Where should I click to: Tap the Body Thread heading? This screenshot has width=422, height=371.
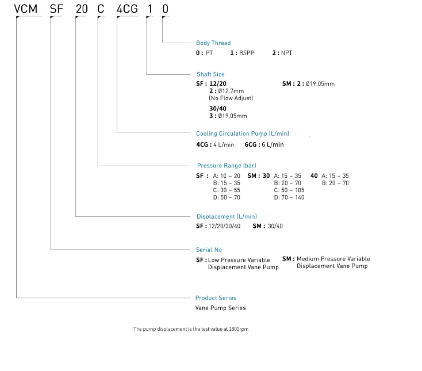(x=213, y=43)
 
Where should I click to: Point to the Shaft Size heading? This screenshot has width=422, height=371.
(x=210, y=74)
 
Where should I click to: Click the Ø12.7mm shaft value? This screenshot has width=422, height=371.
(x=230, y=91)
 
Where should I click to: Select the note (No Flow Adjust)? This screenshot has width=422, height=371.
(x=231, y=98)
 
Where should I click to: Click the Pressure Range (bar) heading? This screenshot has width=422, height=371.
(x=227, y=166)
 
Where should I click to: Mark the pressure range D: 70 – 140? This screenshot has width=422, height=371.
(x=290, y=197)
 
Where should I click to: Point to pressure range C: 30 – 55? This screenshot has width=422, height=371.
(x=227, y=190)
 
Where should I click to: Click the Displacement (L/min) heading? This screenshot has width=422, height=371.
(x=227, y=217)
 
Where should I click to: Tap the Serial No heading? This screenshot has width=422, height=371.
(x=209, y=250)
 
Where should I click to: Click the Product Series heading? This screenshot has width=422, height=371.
(x=216, y=298)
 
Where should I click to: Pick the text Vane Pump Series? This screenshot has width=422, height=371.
(x=221, y=308)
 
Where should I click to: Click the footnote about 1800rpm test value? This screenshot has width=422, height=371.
(x=191, y=329)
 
